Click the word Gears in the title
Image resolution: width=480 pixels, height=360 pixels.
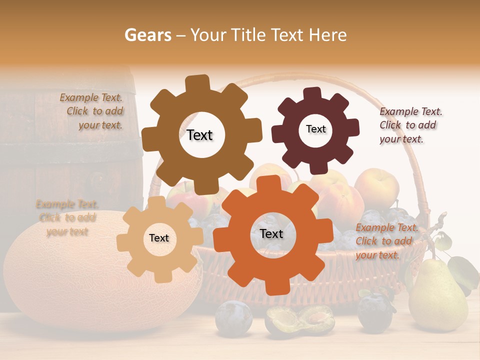click(147, 35)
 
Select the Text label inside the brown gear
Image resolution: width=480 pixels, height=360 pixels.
click(199, 135)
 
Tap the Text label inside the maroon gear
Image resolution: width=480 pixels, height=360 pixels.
click(315, 129)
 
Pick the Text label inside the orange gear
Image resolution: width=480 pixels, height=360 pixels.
click(271, 233)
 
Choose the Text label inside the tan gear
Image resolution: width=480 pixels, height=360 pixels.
click(159, 238)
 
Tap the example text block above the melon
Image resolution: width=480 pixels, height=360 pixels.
click(66, 217)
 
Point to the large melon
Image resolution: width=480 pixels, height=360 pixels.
click(75, 280)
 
